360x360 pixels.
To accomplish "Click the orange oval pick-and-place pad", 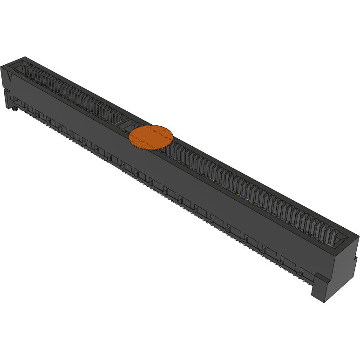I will tap(151, 137).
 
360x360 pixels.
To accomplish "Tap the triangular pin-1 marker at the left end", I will tap(10, 76).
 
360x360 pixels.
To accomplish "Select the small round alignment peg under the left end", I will tap(14, 109).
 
